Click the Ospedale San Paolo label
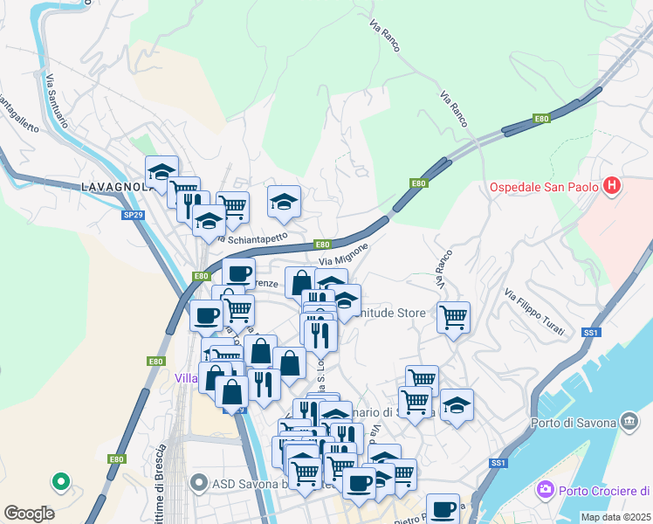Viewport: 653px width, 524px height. pyautogui.click(x=544, y=187)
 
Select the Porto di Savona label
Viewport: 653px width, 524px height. pyautogui.click(x=573, y=424)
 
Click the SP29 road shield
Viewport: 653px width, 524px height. pyautogui.click(x=133, y=213)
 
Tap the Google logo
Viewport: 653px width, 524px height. pyautogui.click(x=29, y=514)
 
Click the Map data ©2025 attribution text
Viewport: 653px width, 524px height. pyautogui.click(x=615, y=517)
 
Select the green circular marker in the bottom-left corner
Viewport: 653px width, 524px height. pyautogui.click(x=60, y=480)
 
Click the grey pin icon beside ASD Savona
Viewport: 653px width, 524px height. pyautogui.click(x=199, y=483)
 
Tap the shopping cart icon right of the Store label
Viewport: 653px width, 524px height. pyautogui.click(x=453, y=316)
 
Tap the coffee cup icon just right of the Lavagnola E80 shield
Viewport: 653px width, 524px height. pyautogui.click(x=238, y=272)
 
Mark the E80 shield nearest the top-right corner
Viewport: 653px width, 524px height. pyautogui.click(x=541, y=119)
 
